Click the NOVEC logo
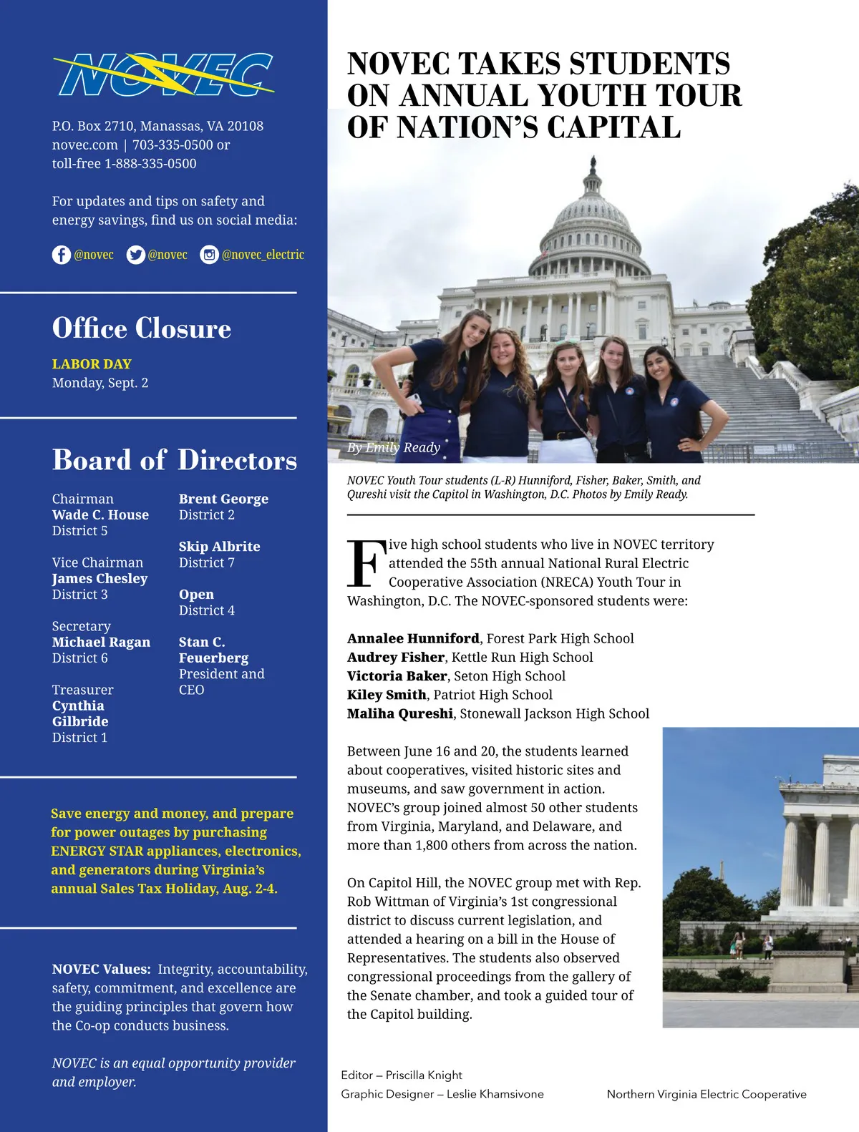click(163, 74)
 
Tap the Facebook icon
click(61, 255)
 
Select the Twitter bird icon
click(135, 255)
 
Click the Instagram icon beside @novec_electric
click(209, 255)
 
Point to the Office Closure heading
click(142, 328)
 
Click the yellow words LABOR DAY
click(92, 364)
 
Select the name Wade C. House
click(100, 515)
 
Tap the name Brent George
click(223, 499)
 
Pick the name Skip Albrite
click(219, 547)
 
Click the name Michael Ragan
click(101, 643)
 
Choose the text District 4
click(206, 610)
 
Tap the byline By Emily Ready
click(393, 448)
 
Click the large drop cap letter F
click(366, 564)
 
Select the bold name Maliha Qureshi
click(399, 714)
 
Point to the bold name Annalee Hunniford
click(413, 639)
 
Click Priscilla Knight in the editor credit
click(424, 1075)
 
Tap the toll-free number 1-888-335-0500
click(150, 164)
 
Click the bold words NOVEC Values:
click(101, 970)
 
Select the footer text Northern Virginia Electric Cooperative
click(707, 1094)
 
